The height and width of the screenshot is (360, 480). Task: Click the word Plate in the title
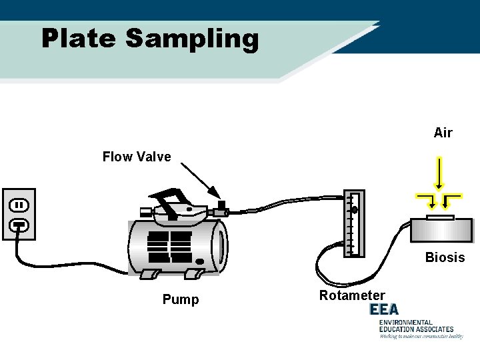click(79, 39)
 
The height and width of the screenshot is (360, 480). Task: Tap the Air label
click(443, 133)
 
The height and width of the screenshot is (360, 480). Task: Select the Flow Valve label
click(137, 157)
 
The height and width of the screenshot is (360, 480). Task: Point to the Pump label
click(181, 300)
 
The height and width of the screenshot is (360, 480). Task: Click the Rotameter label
click(352, 295)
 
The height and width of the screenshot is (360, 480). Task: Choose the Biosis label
click(445, 257)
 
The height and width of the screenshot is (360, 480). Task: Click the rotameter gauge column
click(353, 224)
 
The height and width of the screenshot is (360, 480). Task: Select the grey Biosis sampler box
click(441, 231)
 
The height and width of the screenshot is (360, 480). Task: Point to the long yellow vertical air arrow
click(439, 173)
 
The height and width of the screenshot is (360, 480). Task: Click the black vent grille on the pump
click(169, 247)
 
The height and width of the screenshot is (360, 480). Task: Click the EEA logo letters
click(384, 309)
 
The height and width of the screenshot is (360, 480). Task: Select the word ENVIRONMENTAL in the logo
click(406, 323)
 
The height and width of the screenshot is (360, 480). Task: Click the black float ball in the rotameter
click(355, 210)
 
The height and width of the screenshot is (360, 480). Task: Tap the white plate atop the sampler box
click(441, 217)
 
